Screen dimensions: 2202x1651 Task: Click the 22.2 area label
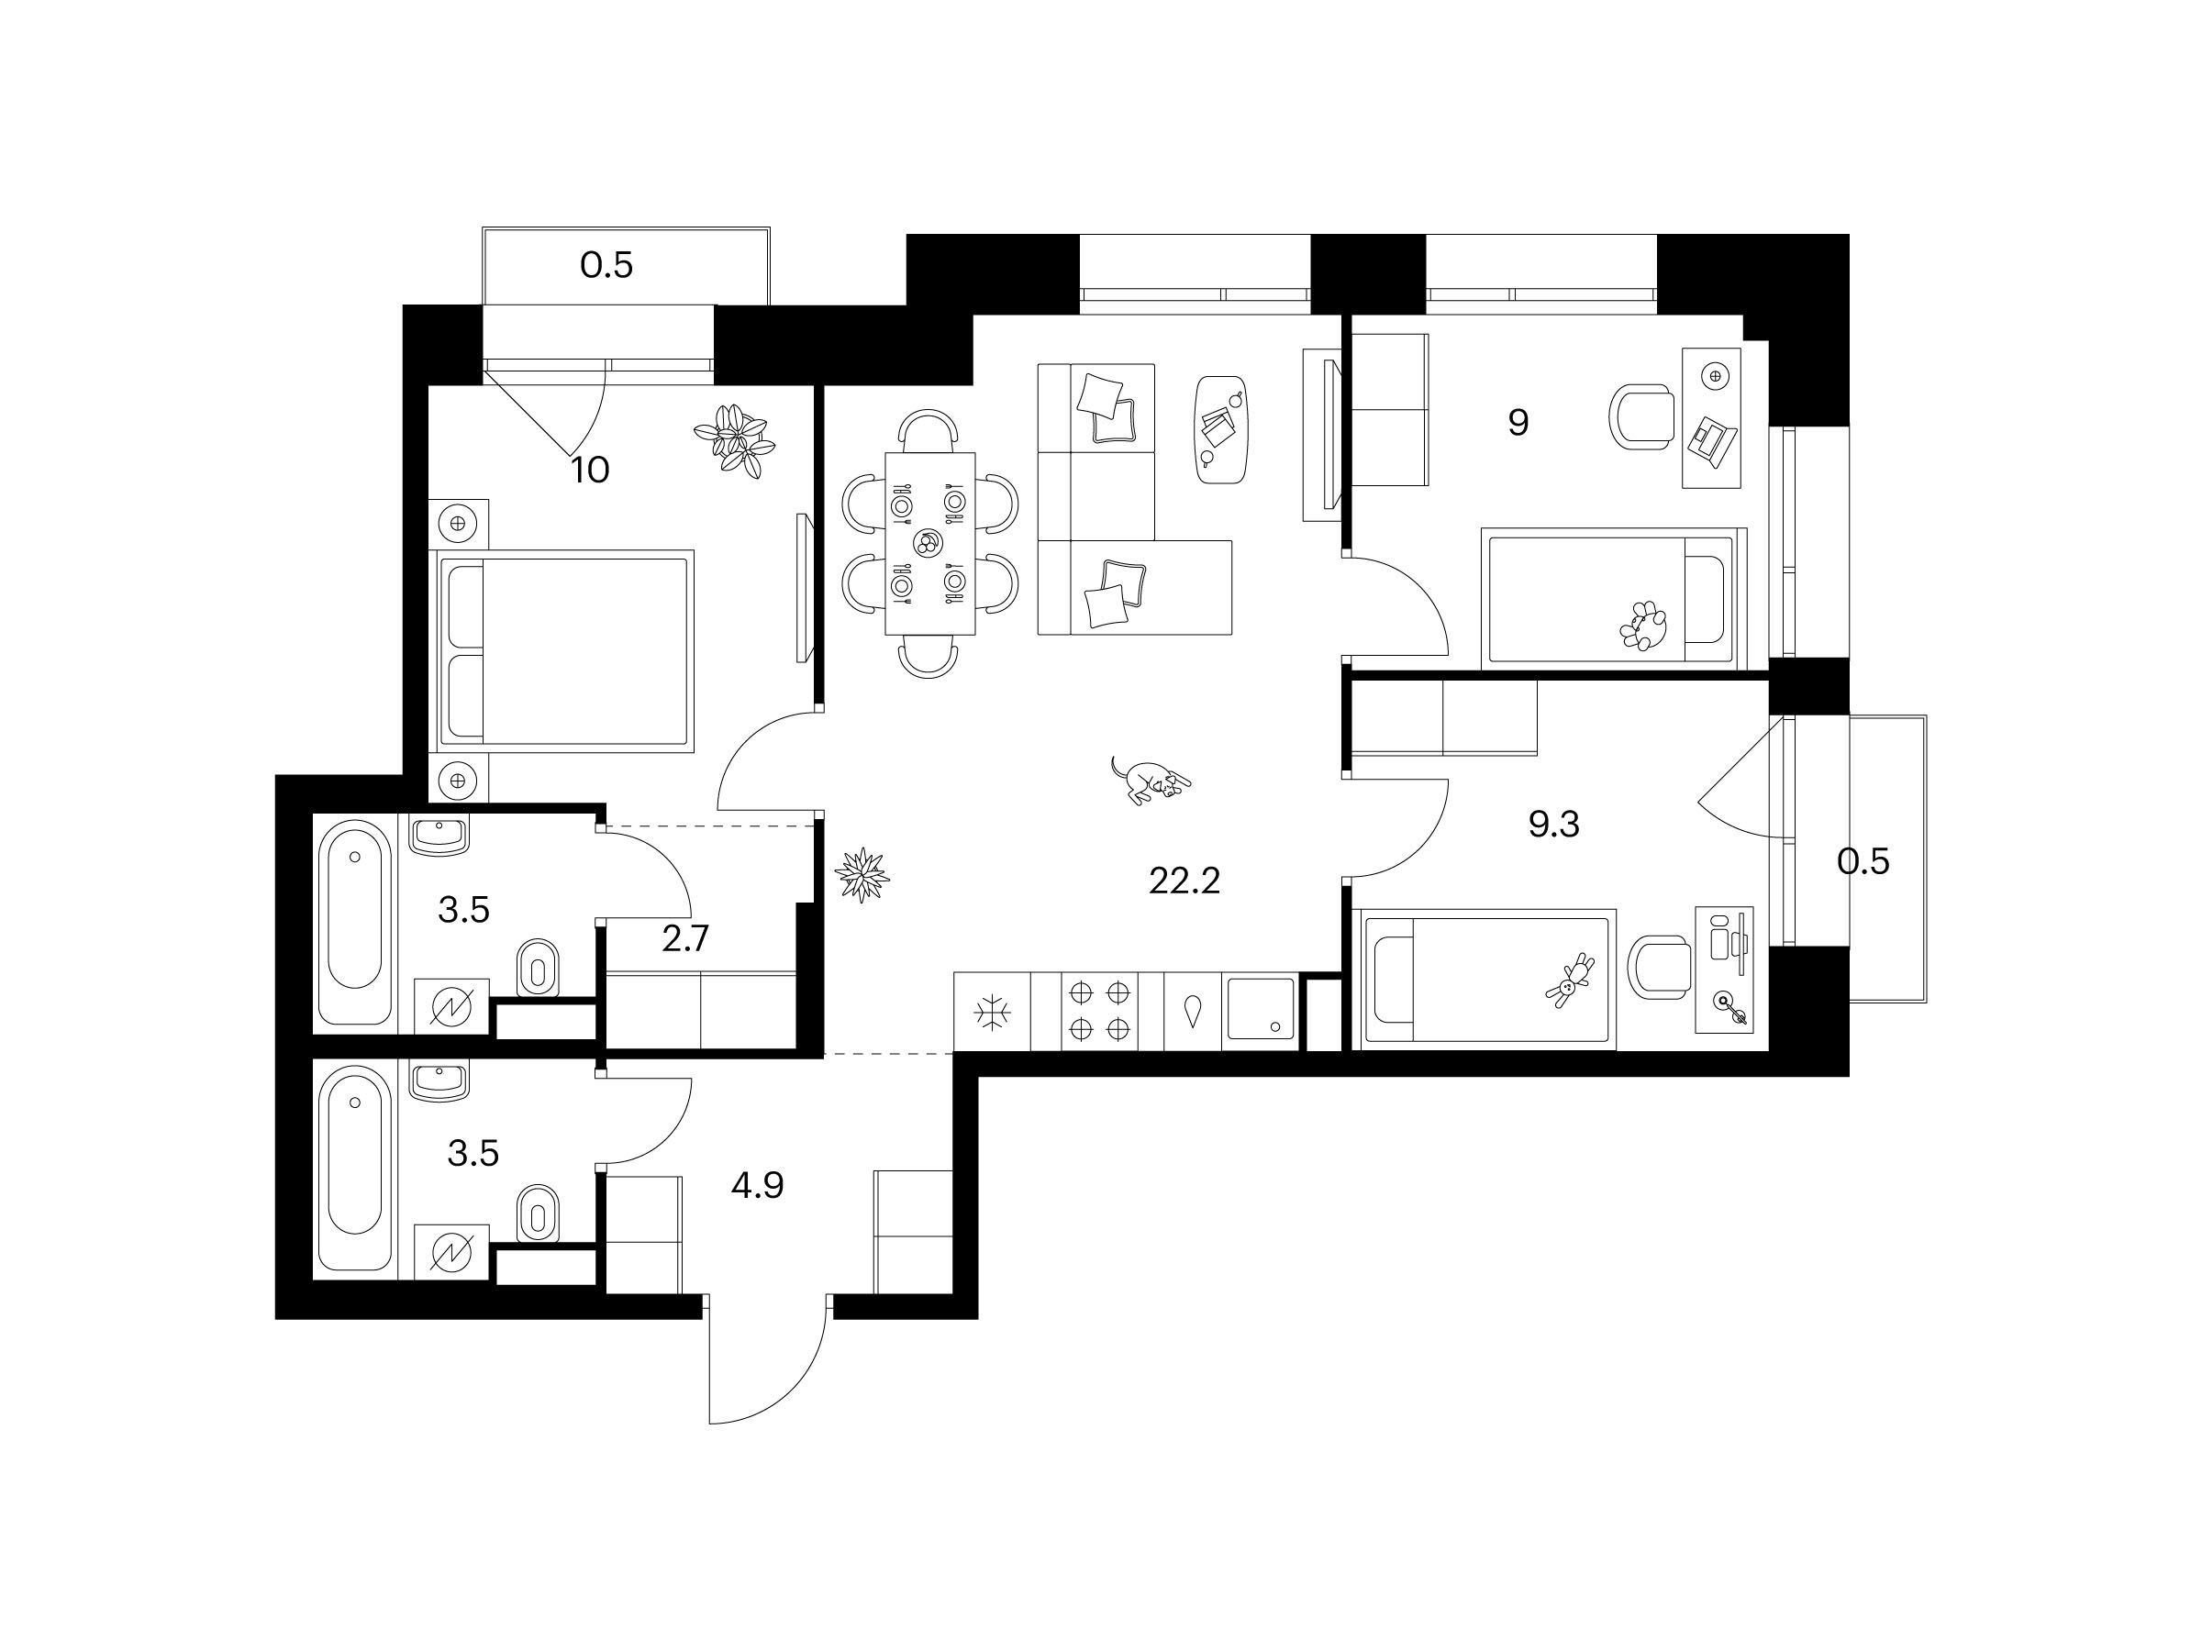point(1184,881)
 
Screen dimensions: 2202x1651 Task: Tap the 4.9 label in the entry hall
point(758,1185)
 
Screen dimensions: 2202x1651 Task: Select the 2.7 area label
point(686,938)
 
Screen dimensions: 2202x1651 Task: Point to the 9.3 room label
point(1554,824)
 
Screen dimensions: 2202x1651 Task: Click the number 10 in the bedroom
point(590,470)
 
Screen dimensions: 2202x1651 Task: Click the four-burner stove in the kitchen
point(1099,1011)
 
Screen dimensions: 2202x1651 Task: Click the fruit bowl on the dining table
point(927,543)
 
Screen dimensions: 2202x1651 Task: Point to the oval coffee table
point(1221,430)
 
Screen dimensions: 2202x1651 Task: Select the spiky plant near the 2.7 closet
point(862,875)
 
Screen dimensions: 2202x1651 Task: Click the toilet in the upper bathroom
point(539,967)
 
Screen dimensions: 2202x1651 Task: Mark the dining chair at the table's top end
point(929,429)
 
